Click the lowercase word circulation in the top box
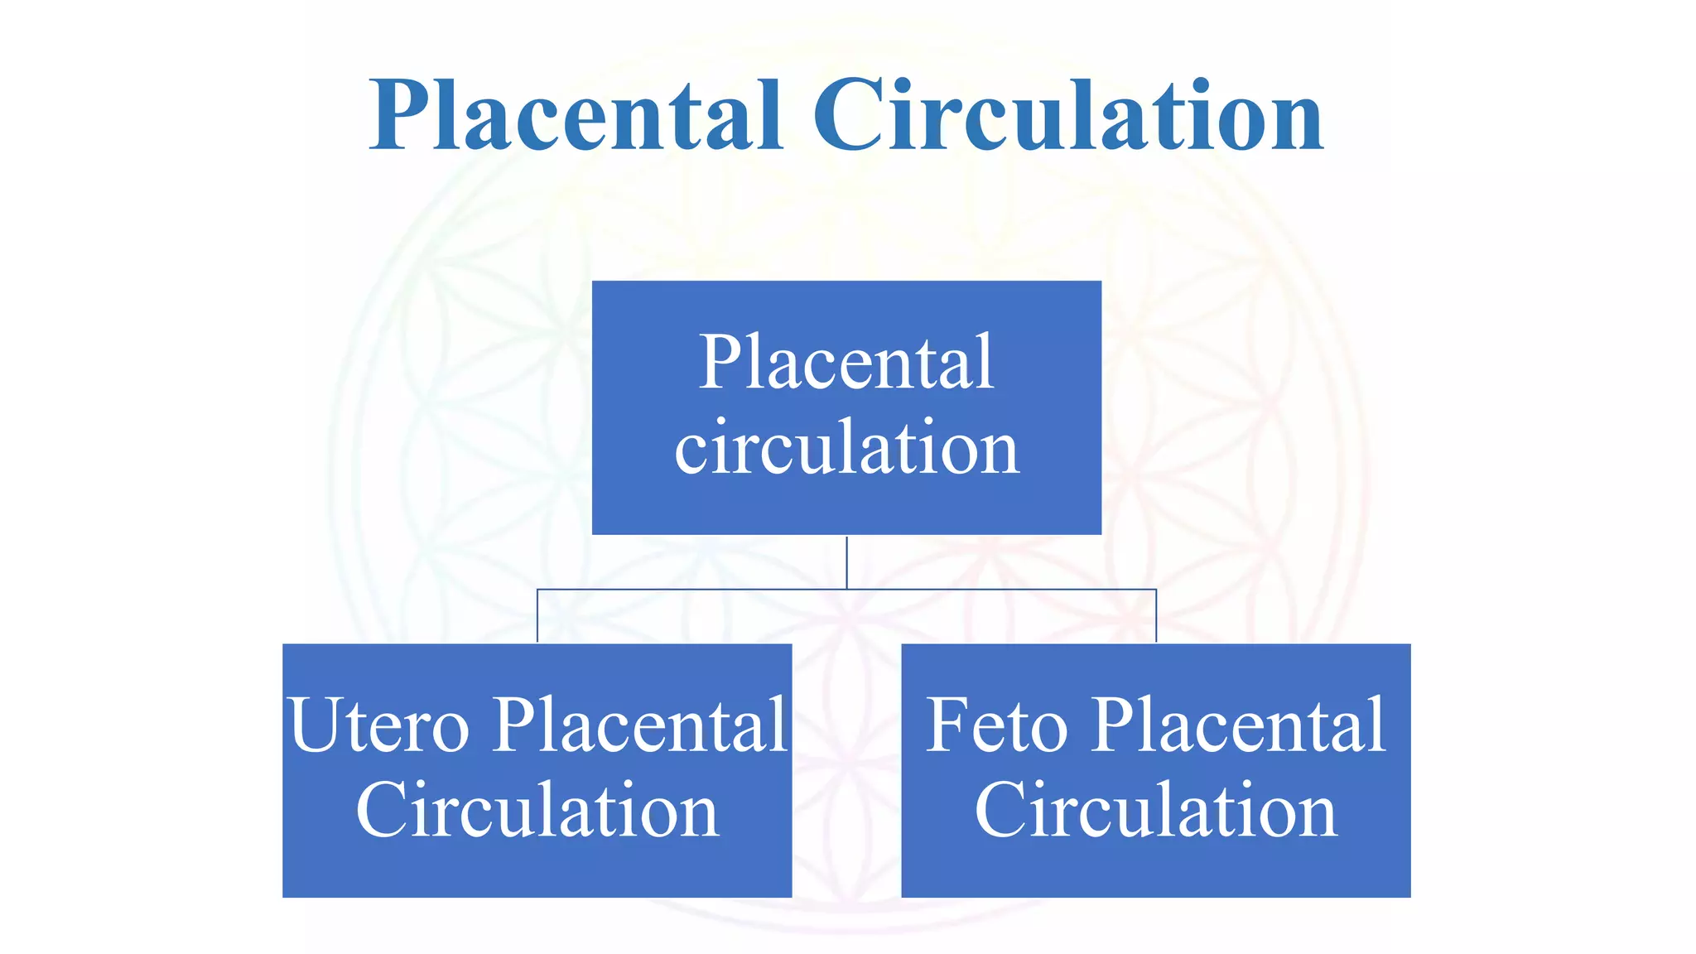pyautogui.click(x=846, y=448)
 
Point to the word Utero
pyautogui.click(x=379, y=725)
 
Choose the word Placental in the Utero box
pyautogui.click(x=640, y=725)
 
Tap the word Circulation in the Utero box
pyautogui.click(x=537, y=811)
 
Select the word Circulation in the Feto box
pyautogui.click(x=1155, y=811)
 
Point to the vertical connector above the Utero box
pyautogui.click(x=537, y=616)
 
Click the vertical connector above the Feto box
pyautogui.click(x=1156, y=616)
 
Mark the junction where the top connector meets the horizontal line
pyautogui.click(x=846, y=590)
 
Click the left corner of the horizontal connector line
pyautogui.click(x=537, y=590)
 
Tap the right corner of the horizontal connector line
pyautogui.click(x=1156, y=590)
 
